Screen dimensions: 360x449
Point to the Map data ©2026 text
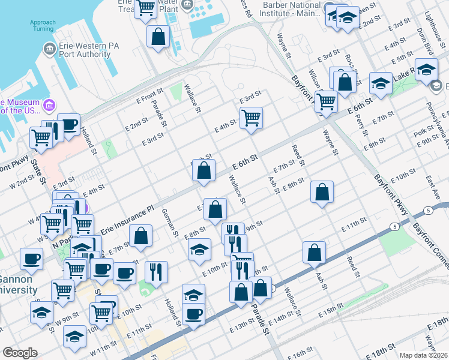click(423, 355)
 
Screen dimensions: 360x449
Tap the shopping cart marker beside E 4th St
click(251, 118)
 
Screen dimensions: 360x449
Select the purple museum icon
click(49, 106)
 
